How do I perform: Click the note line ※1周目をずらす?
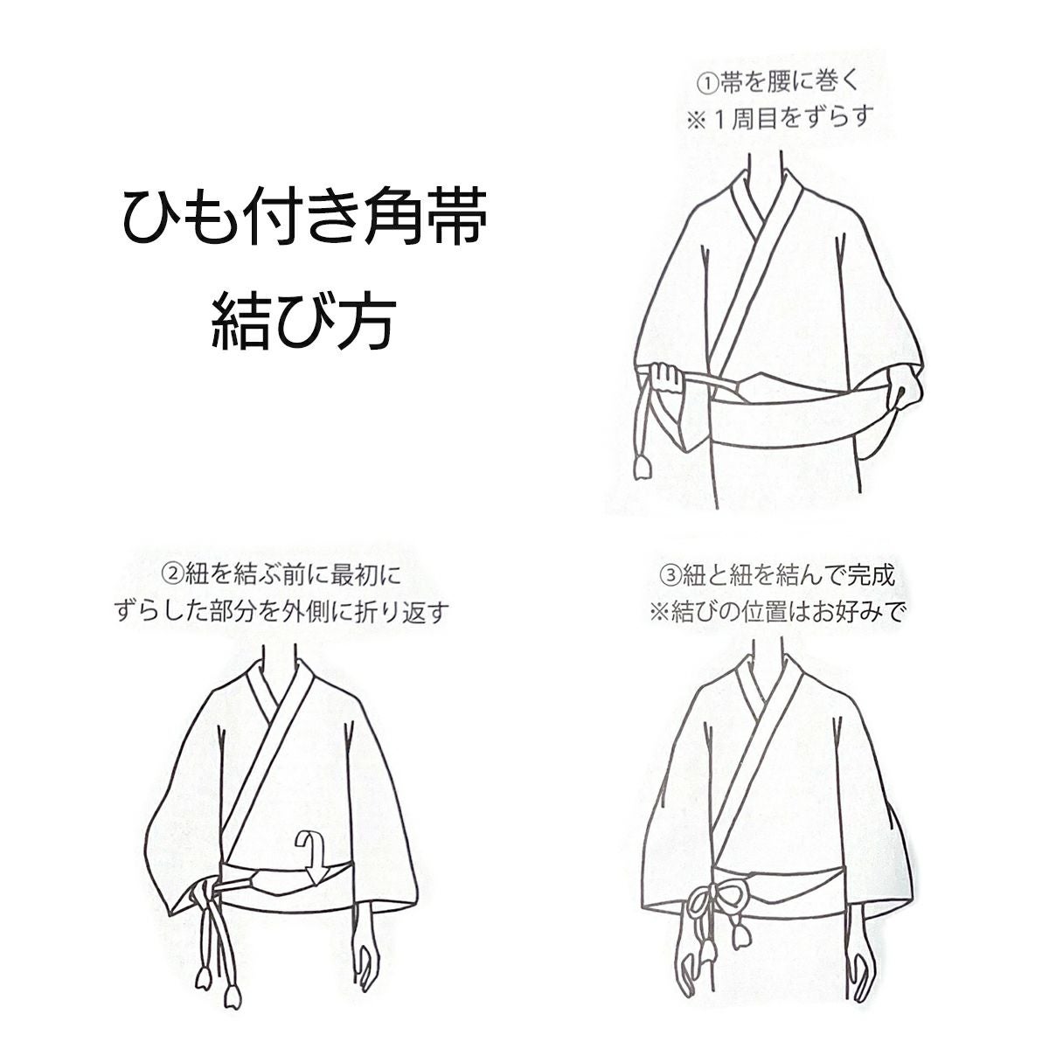pos(780,117)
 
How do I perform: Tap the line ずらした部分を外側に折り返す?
pos(281,612)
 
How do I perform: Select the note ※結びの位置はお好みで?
pos(775,612)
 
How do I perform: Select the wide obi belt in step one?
pos(787,411)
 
